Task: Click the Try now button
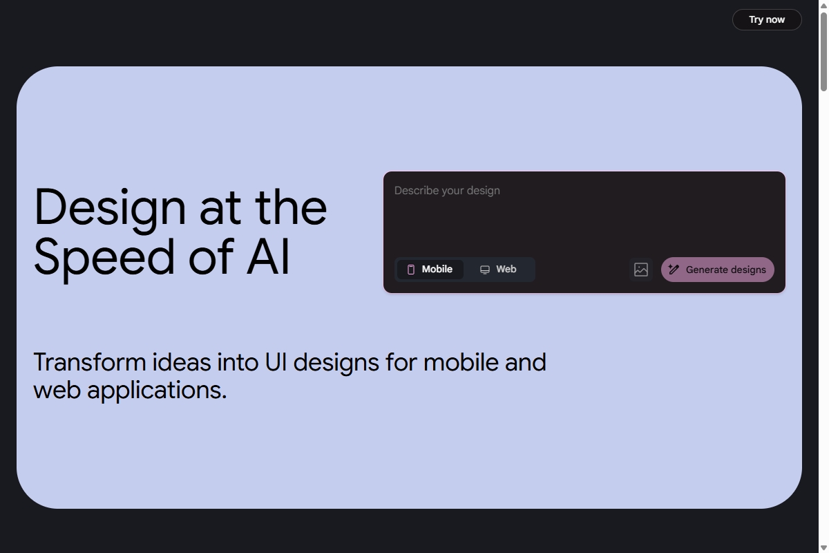pos(767,19)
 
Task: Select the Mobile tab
pos(430,270)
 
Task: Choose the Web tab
pos(498,270)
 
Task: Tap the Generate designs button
pos(718,270)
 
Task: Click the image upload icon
pos(641,270)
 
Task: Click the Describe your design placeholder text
pos(447,191)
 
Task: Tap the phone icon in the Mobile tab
pos(411,270)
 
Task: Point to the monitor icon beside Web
pos(485,270)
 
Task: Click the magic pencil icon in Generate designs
pos(674,270)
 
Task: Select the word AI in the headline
pos(268,256)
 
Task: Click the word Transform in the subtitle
pos(90,362)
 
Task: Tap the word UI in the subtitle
pos(276,362)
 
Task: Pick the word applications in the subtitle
pos(157,391)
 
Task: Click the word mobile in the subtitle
pos(461,362)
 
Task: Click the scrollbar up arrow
pos(823,6)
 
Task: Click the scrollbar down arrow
pos(823,547)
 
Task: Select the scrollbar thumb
pos(823,51)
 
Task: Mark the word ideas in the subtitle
pos(181,362)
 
